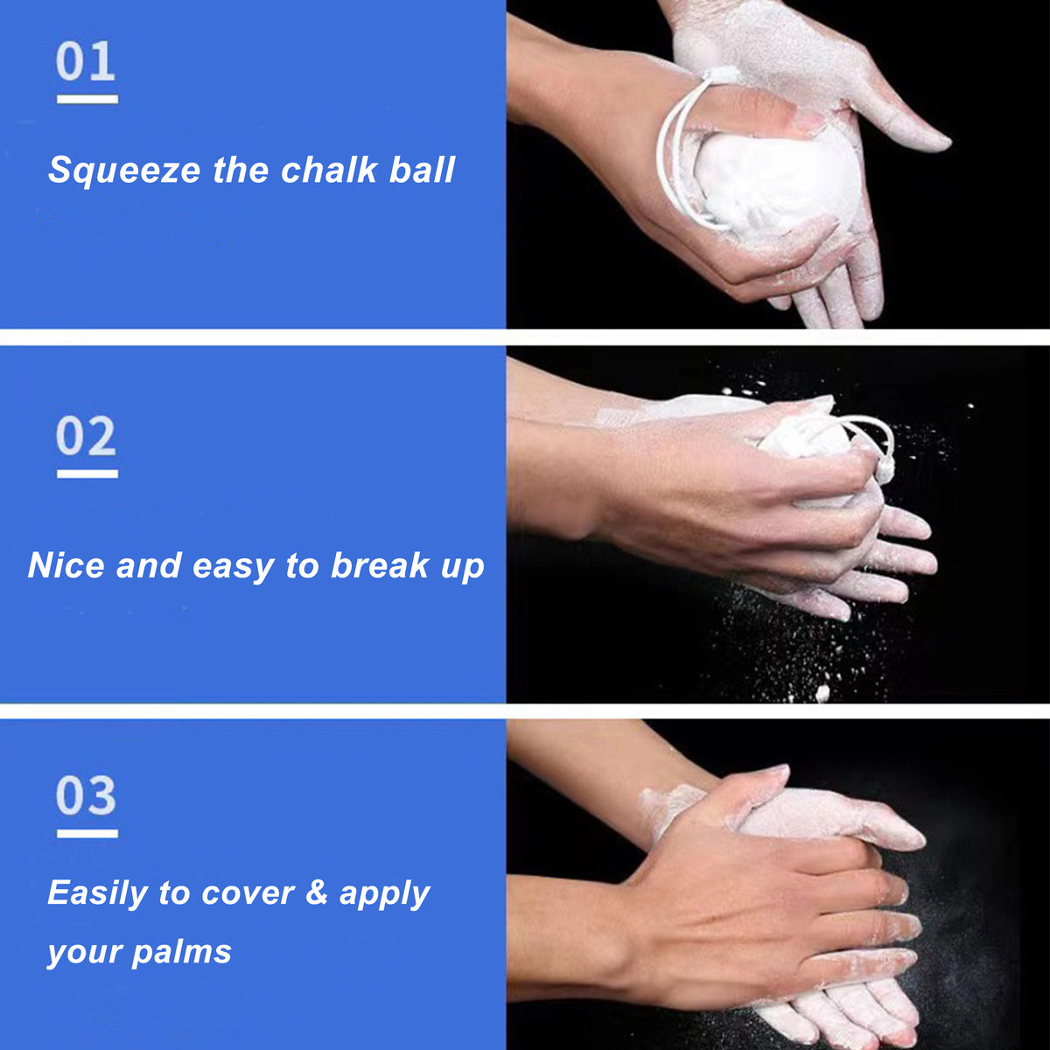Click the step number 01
click(x=86, y=63)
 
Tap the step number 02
click(x=86, y=437)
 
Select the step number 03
click(x=86, y=796)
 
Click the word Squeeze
click(x=124, y=171)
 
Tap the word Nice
click(x=66, y=565)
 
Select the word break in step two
click(x=380, y=565)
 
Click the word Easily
click(x=96, y=893)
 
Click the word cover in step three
click(x=248, y=893)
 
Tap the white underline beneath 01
click(x=87, y=99)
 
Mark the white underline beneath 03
click(x=87, y=834)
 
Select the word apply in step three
click(x=384, y=893)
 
